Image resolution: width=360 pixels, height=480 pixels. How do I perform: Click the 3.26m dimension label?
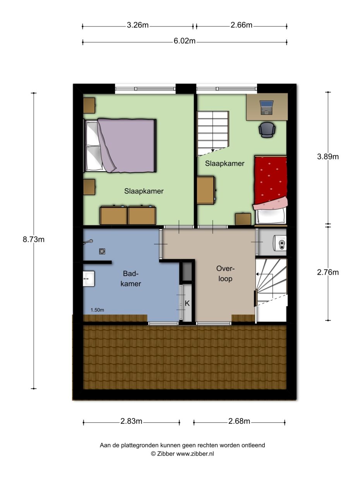pos(137,26)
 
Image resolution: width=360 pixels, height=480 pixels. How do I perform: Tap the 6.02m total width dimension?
pos(184,41)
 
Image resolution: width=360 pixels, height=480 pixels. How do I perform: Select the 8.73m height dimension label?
pos(34,239)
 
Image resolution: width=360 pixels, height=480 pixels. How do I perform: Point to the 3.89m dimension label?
pos(327,157)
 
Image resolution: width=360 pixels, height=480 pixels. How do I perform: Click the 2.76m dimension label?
pos(327,273)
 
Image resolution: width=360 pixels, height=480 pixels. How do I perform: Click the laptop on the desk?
pos(267,108)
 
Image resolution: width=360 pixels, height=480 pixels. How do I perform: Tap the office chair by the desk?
pos(267,129)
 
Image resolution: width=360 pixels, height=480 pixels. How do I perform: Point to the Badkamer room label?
pos(130,279)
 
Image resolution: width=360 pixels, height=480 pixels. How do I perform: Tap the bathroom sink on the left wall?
pos(89,278)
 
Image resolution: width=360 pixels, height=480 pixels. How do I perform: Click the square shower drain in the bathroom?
pos(102,251)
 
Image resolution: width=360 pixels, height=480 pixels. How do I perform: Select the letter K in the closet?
pos(187,303)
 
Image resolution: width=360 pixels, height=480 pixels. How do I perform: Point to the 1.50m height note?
pos(97,310)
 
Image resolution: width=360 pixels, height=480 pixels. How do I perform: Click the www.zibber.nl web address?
pos(195,453)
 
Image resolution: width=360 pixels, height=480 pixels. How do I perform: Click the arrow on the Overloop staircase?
pos(257,274)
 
